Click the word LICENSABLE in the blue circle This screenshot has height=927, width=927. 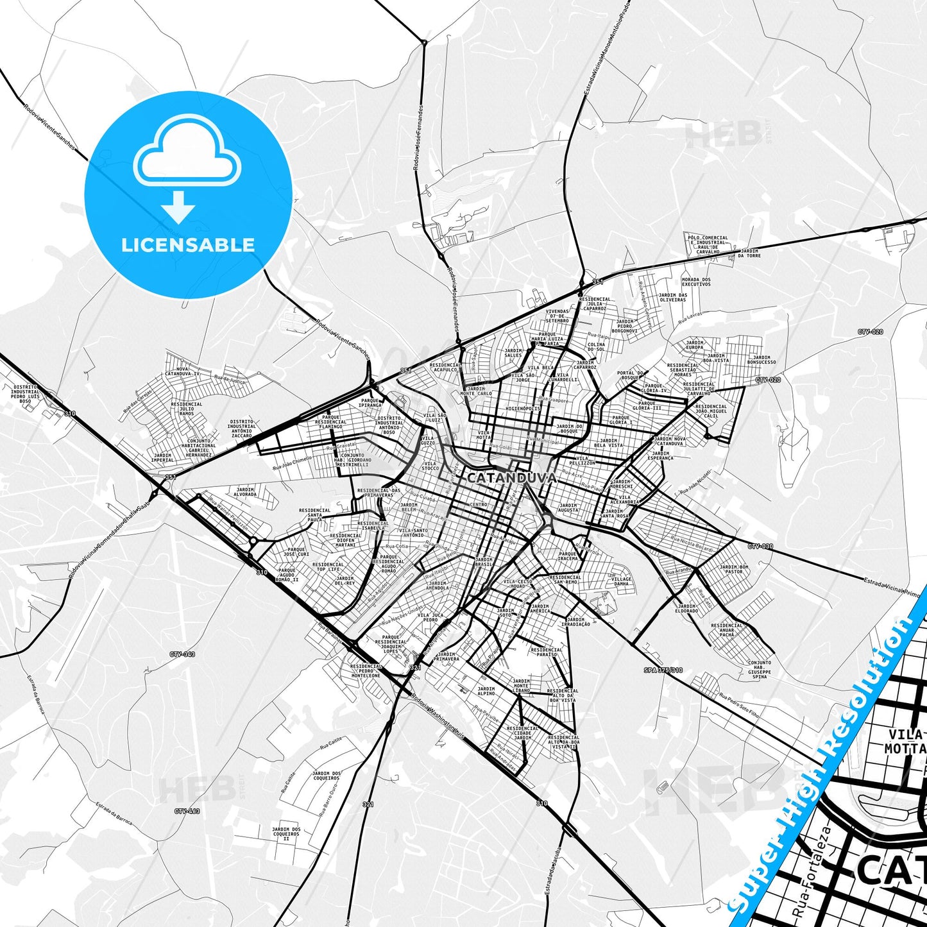(x=188, y=245)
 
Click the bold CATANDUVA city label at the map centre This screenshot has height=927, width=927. (x=511, y=478)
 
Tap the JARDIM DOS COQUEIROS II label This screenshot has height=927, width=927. (x=286, y=834)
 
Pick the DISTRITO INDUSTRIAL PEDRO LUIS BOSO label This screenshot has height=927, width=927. (x=25, y=394)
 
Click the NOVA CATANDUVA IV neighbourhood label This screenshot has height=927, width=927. (x=183, y=371)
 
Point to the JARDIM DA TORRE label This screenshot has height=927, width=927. (x=749, y=253)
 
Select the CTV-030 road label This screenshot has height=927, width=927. (x=760, y=547)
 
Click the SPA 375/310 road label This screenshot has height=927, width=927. (x=663, y=670)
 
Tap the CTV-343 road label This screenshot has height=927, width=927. (x=182, y=654)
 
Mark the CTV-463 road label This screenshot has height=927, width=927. (x=187, y=812)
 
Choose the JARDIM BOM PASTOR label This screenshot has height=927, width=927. (x=734, y=569)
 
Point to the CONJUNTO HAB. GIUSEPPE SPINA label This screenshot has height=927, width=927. (x=760, y=670)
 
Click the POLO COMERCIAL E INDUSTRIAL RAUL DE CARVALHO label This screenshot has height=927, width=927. (x=708, y=245)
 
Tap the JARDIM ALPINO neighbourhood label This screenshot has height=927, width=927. (x=486, y=691)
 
